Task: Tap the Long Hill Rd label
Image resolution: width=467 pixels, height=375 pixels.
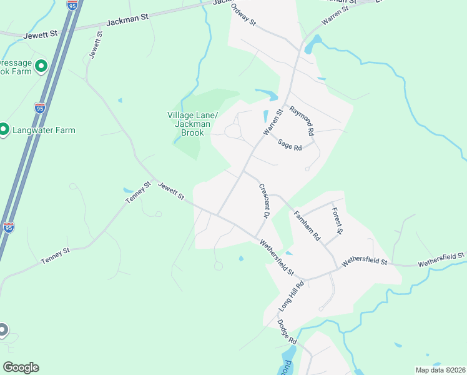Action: (x=292, y=296)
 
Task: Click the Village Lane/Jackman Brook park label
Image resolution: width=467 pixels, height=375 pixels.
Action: (x=192, y=124)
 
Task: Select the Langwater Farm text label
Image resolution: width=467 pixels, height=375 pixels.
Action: (x=46, y=130)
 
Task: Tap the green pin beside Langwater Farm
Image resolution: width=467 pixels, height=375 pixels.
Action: (x=3, y=129)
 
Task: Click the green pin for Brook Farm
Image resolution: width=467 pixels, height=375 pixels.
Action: (x=41, y=66)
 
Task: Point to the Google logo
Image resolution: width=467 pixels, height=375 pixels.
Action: (x=21, y=367)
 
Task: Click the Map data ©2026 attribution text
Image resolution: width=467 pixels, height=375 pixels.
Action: (x=440, y=370)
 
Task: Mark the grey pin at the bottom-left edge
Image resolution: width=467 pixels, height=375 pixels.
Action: (x=2, y=329)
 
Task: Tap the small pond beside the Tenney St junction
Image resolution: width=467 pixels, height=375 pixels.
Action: (x=129, y=191)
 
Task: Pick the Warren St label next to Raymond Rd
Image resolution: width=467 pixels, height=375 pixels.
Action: (x=273, y=121)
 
